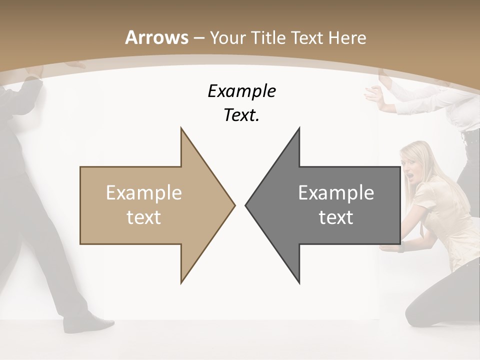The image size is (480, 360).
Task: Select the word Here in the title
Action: click(346, 37)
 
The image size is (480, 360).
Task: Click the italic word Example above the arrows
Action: click(241, 91)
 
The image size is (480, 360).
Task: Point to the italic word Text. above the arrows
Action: click(241, 115)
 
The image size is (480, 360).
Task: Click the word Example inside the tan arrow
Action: click(144, 192)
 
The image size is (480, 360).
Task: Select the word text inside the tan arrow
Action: click(144, 217)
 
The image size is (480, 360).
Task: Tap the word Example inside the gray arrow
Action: click(336, 192)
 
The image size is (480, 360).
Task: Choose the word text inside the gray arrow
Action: click(336, 217)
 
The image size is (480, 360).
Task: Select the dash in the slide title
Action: click(199, 38)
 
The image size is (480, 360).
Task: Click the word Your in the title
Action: click(226, 37)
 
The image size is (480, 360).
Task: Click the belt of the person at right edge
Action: click(470, 136)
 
